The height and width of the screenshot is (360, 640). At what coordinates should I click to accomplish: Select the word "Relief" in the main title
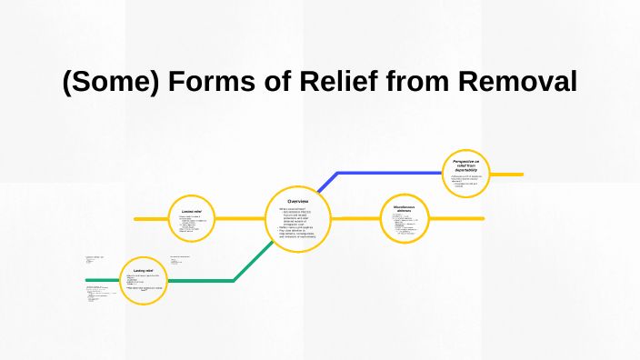342,82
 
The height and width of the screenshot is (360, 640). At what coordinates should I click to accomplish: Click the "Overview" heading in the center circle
298,200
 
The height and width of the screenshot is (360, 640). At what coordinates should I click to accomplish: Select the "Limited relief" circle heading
191,211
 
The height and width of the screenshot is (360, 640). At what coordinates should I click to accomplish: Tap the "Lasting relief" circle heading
143,270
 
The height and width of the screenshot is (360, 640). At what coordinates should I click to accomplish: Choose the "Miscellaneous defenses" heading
404,208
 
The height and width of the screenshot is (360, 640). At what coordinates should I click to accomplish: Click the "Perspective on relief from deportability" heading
471,165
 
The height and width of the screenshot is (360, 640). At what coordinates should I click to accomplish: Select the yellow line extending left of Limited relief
150,219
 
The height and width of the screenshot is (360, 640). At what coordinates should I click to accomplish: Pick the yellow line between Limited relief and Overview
240,219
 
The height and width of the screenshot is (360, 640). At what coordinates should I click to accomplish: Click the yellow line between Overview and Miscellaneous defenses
355,219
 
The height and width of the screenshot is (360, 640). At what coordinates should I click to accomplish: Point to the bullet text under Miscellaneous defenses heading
404,228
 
